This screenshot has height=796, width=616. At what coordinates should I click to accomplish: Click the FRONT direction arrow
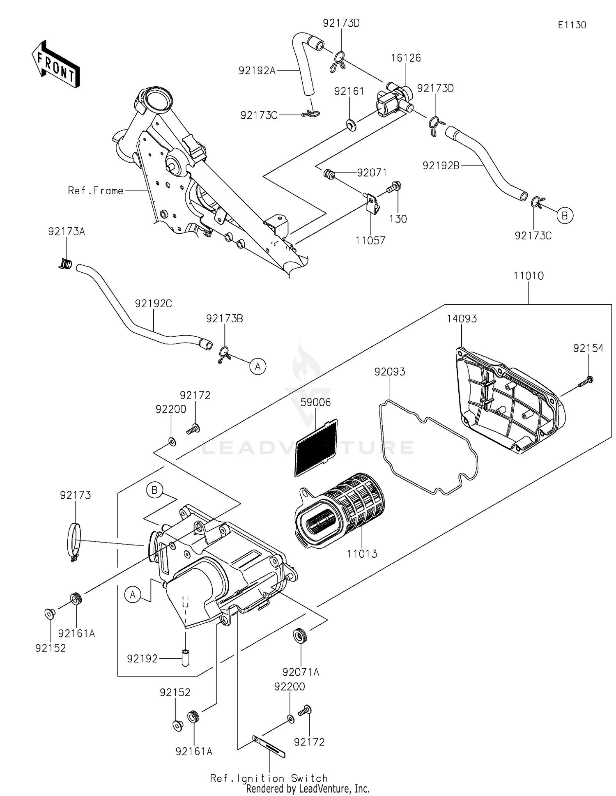click(x=55, y=64)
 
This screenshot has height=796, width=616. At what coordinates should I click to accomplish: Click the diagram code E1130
click(x=572, y=25)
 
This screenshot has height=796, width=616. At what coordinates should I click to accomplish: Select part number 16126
click(x=405, y=58)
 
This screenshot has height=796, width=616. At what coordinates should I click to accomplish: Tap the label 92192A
click(x=257, y=71)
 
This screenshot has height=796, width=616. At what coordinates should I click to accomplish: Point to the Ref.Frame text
click(x=96, y=191)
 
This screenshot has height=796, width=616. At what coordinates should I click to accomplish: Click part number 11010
click(x=528, y=276)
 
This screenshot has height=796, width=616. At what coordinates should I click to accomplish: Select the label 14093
click(x=462, y=319)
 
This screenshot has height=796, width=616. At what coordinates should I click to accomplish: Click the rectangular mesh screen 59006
click(x=316, y=448)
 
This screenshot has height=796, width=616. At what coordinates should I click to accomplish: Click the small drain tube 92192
click(x=185, y=658)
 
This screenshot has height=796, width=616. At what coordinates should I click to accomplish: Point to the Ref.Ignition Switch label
click(x=269, y=778)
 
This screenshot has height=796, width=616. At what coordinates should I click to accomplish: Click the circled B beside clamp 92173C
click(x=565, y=215)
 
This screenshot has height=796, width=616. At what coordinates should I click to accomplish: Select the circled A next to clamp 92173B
click(x=257, y=366)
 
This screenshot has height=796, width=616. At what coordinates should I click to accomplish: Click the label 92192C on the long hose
click(x=153, y=304)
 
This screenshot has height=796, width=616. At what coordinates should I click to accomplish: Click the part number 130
click(x=398, y=219)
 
